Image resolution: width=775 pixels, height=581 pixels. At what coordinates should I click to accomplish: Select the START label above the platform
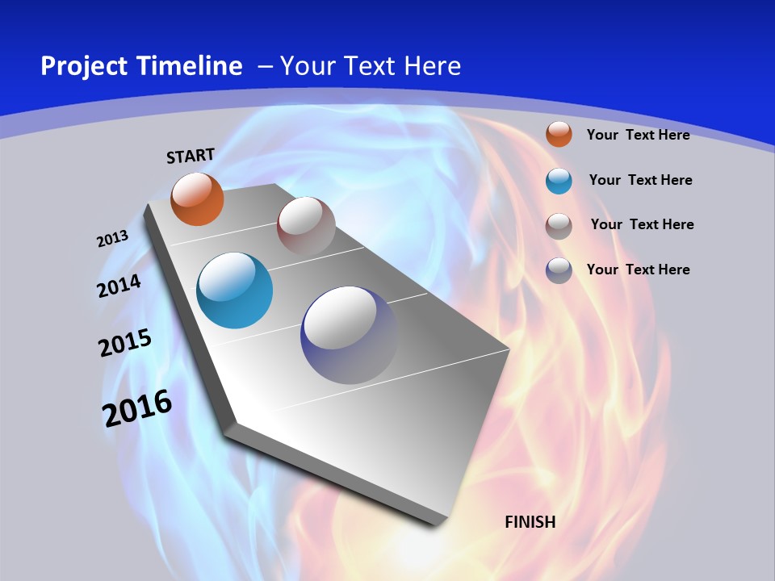click(191, 156)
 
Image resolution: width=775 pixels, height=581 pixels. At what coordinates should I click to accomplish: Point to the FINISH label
click(530, 522)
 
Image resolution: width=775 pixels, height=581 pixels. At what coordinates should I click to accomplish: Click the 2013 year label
click(113, 239)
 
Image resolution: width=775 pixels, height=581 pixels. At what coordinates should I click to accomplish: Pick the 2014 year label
click(119, 286)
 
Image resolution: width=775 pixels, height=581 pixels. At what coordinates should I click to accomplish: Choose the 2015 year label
click(125, 343)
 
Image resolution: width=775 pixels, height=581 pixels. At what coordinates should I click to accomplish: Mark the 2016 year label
click(137, 408)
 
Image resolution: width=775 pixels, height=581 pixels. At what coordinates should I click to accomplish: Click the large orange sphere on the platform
click(198, 199)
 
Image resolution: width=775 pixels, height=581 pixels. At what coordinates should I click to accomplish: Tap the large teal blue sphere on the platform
click(235, 290)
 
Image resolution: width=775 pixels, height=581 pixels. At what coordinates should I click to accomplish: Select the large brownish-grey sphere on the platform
click(306, 226)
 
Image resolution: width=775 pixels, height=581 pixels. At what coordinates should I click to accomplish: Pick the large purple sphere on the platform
click(350, 335)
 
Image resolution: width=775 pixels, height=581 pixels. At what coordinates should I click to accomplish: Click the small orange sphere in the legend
click(559, 134)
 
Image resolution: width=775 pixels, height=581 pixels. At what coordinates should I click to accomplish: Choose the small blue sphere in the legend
click(559, 181)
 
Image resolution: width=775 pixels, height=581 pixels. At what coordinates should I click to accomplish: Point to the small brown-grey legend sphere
click(559, 225)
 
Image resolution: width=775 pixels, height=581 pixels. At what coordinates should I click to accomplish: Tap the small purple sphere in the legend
click(559, 270)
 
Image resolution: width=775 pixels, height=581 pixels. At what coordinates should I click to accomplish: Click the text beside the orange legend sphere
click(638, 135)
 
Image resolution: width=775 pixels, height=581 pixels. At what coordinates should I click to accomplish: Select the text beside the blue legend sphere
click(640, 180)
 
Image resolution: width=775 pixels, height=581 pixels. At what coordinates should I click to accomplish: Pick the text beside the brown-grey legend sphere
click(642, 224)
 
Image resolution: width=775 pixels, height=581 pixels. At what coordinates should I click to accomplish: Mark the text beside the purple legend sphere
click(638, 270)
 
